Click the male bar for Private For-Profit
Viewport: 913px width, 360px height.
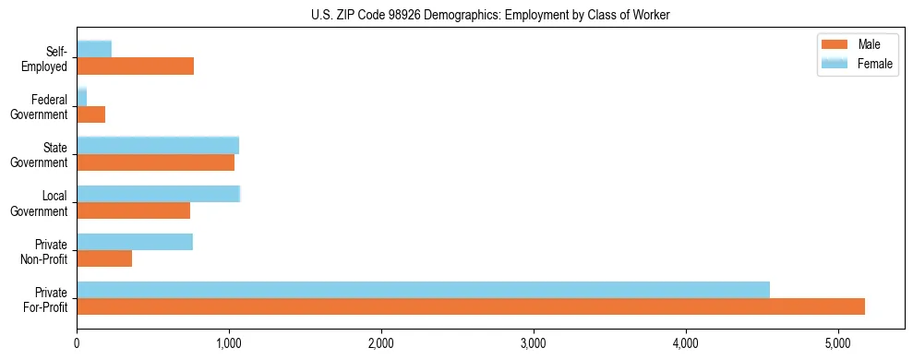[471, 306]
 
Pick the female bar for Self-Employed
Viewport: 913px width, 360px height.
[94, 49]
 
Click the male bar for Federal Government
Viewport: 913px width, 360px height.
[90, 114]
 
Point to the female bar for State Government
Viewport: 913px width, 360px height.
[158, 145]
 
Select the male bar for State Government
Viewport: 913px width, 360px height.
[155, 162]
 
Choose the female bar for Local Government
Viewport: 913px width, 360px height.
[158, 193]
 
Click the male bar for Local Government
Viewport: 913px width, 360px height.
[133, 210]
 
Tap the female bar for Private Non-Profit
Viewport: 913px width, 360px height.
[135, 242]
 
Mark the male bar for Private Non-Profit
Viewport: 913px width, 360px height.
[104, 258]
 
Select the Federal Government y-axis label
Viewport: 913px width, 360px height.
[40, 106]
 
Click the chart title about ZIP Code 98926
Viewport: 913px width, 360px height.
[490, 14]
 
